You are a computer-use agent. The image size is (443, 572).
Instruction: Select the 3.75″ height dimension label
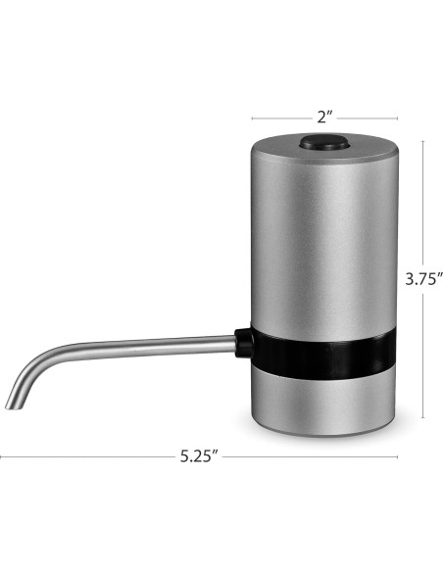tap(420, 277)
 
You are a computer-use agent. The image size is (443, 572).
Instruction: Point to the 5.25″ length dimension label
tap(198, 457)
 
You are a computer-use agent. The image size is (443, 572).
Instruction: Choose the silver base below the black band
tap(323, 402)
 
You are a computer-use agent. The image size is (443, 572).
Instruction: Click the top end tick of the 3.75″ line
tap(422, 139)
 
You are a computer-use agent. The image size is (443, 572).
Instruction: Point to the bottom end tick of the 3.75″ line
tap(422, 417)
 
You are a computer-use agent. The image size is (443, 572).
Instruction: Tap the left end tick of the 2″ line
tap(251, 116)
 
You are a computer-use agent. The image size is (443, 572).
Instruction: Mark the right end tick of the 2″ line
tap(398, 116)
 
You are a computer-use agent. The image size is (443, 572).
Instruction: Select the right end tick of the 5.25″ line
tap(398, 456)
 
